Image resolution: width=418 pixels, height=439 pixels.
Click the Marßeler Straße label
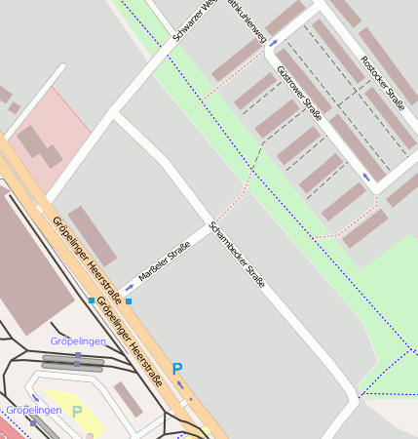tap(164, 262)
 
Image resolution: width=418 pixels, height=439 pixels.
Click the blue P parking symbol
tap(176, 369)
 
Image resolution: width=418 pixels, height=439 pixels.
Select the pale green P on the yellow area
tap(77, 412)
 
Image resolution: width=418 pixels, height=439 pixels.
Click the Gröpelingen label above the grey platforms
tap(77, 341)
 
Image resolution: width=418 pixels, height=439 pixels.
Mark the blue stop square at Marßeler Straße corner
tap(129, 301)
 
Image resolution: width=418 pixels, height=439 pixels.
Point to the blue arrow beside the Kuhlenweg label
tap(273, 43)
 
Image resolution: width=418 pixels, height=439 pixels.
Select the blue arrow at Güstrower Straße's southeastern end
tap(366, 177)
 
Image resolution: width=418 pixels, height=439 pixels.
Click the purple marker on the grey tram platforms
tap(77, 359)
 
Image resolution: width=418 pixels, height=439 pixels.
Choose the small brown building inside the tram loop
tap(127, 398)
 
